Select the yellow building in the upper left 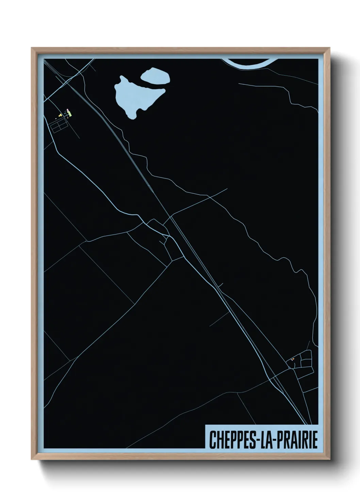coord(61,116)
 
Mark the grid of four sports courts coord(59,126)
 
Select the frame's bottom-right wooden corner coord(328,458)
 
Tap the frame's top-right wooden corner coord(328,49)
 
